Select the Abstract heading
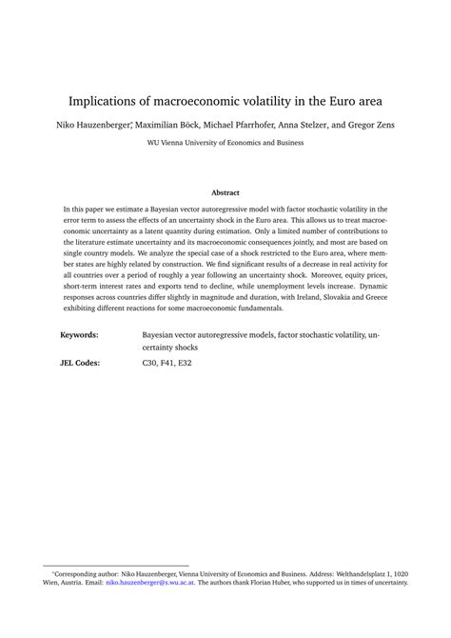click(x=225, y=192)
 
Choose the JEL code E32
click(x=193, y=363)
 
